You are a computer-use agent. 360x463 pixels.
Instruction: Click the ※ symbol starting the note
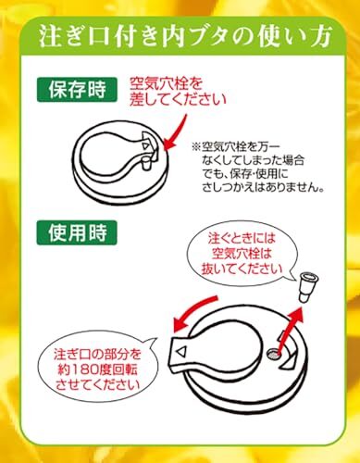pos(196,146)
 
